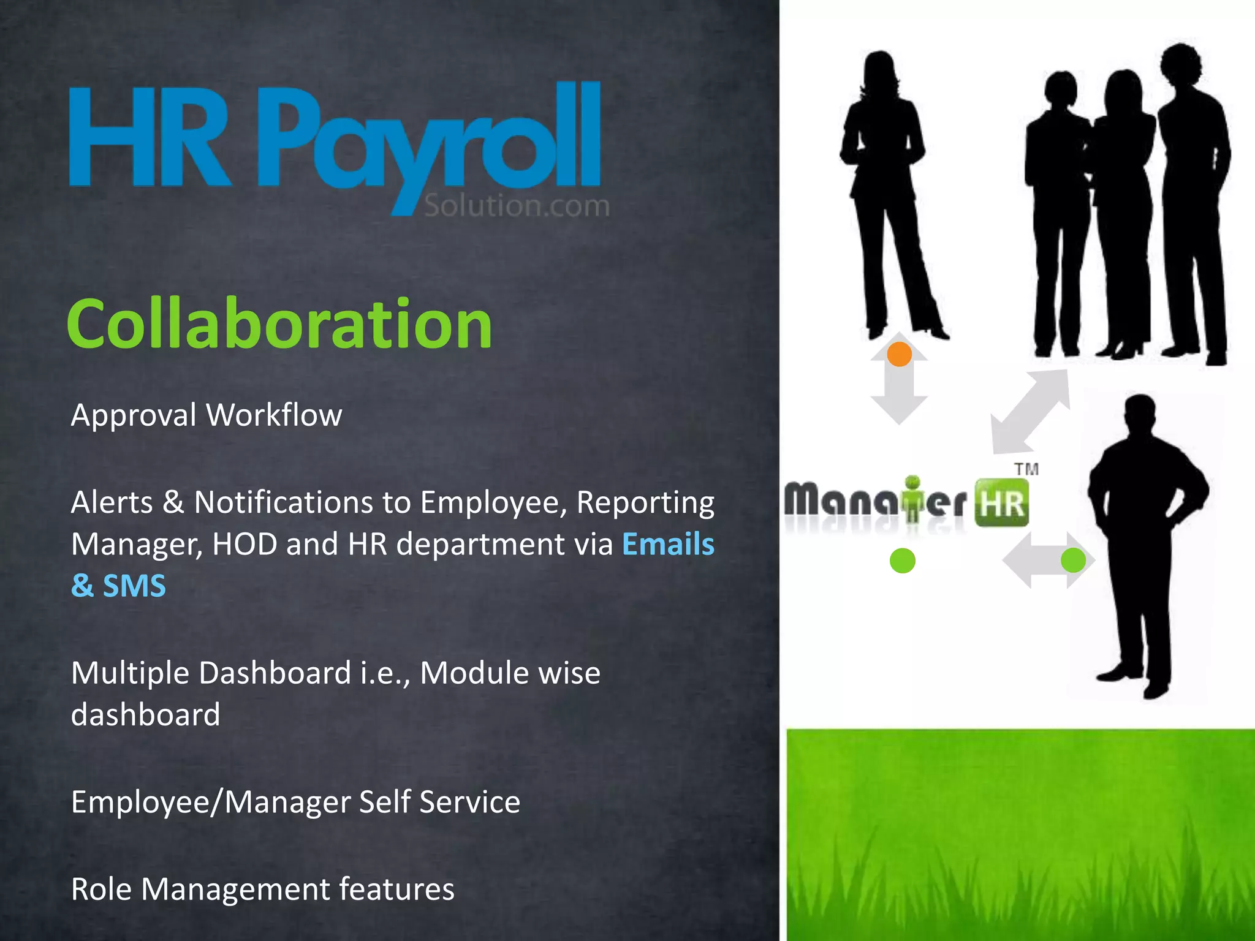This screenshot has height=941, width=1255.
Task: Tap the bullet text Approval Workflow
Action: [207, 415]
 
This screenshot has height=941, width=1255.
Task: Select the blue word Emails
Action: [668, 544]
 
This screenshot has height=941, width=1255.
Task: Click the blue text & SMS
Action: [118, 586]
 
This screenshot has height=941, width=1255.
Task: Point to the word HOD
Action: [245, 544]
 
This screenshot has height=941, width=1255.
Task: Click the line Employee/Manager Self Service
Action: [295, 802]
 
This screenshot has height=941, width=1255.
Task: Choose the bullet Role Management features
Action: [262, 889]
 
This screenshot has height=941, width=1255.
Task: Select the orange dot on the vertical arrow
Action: [899, 354]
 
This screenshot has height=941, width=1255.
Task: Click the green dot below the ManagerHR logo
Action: [902, 561]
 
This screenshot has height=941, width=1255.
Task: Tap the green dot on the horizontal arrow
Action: [1073, 560]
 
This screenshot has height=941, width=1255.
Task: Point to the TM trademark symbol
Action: [1026, 469]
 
